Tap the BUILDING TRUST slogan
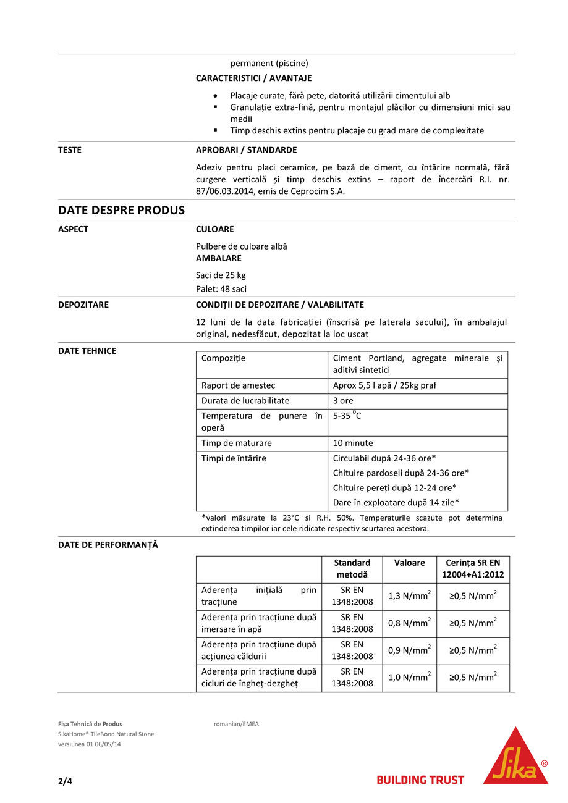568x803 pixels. coord(420,780)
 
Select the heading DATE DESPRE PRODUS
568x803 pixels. coord(121,211)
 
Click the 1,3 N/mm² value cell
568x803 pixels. coord(409,596)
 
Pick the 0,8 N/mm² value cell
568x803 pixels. coord(409,623)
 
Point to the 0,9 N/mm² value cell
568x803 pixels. coord(409,650)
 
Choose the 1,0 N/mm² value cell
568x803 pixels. coord(409,678)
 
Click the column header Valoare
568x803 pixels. coord(409,563)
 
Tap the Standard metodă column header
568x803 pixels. coord(352,569)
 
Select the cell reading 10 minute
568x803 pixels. coord(353,443)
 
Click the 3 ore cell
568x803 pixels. coord(343,400)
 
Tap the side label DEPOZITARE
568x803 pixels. coord(83,305)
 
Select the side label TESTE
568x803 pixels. coord(70,150)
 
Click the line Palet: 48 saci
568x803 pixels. coord(222,288)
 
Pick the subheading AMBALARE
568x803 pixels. coord(219,258)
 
